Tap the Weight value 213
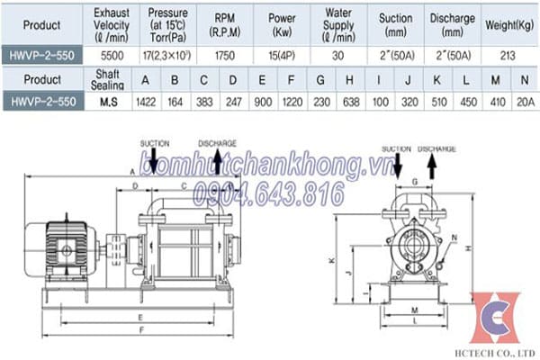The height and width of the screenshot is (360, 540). click(508, 55)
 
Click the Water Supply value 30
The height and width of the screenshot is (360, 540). click(340, 55)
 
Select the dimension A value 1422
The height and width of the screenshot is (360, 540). click(141, 103)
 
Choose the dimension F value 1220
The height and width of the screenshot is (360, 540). click(291, 103)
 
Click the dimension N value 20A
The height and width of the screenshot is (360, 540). click(523, 103)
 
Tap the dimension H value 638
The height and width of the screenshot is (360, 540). click(349, 103)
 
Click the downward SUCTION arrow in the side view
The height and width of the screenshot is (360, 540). click(154, 162)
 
